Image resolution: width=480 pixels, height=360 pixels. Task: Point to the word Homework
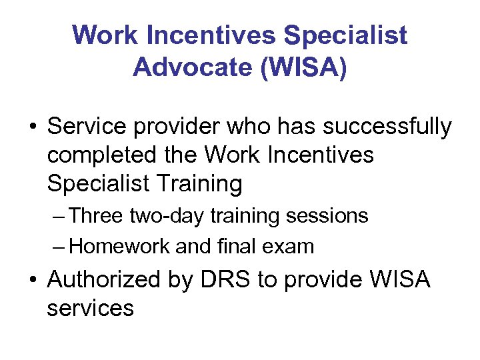(119, 246)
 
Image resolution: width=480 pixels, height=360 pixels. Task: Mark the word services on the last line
(90, 308)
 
